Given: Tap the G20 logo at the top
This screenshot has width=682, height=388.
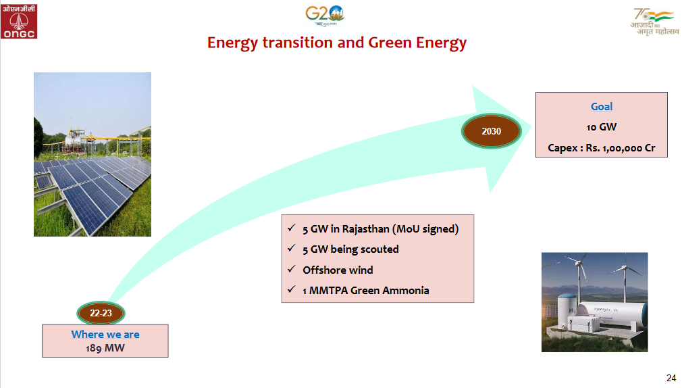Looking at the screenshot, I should [325, 15].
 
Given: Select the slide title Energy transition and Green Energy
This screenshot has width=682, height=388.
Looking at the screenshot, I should [337, 43].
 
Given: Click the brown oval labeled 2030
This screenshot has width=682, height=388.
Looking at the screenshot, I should [491, 131].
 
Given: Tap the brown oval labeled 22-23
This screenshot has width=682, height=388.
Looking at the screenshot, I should [101, 313].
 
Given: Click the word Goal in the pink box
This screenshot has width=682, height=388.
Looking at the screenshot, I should [601, 107].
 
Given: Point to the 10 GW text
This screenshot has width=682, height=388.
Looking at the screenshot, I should [601, 127].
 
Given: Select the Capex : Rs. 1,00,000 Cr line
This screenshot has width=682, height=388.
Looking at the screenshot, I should [601, 148].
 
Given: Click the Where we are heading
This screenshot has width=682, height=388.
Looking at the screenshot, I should [105, 335].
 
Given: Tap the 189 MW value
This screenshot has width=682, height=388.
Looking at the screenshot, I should [105, 348].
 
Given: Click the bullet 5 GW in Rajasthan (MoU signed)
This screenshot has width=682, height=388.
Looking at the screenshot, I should [380, 229].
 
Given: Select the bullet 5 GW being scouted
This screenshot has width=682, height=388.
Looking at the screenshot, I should [350, 249].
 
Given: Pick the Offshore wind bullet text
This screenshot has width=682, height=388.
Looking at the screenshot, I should [338, 270].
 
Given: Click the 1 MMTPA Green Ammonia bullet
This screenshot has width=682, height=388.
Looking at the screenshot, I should [365, 291].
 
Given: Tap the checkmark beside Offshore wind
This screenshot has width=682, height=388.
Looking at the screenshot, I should [291, 270].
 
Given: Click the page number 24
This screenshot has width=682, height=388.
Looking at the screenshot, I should [671, 377].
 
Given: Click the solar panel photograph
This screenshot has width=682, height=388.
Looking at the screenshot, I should [93, 154].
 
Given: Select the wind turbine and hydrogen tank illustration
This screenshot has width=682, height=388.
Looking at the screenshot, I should [594, 302].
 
